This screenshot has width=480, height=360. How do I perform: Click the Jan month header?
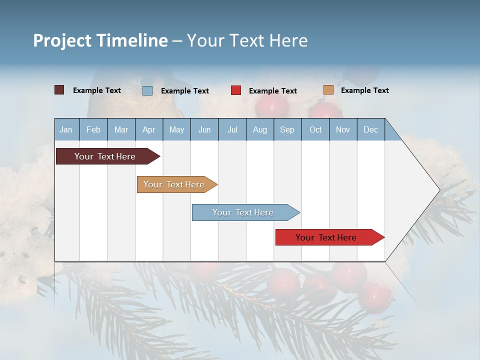tap(66, 129)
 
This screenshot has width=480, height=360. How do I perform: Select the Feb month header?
tap(93, 129)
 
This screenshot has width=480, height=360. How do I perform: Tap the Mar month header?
tap(121, 129)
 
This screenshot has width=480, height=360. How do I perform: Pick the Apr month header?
tap(148, 129)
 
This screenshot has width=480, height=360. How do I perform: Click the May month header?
tap(176, 129)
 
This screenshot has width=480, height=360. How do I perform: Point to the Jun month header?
tap(204, 129)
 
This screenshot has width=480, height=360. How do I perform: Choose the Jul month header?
tap(232, 129)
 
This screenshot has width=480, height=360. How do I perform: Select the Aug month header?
tap(260, 129)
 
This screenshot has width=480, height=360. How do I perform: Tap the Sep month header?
tap(287, 129)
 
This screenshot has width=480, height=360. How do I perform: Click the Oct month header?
tap(315, 129)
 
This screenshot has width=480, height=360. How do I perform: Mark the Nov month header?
tap(343, 129)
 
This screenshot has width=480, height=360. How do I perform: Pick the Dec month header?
tap(371, 129)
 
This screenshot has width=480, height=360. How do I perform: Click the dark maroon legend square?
tap(59, 90)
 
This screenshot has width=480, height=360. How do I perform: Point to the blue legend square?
tap(147, 90)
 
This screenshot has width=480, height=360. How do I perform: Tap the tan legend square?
tap(328, 90)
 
